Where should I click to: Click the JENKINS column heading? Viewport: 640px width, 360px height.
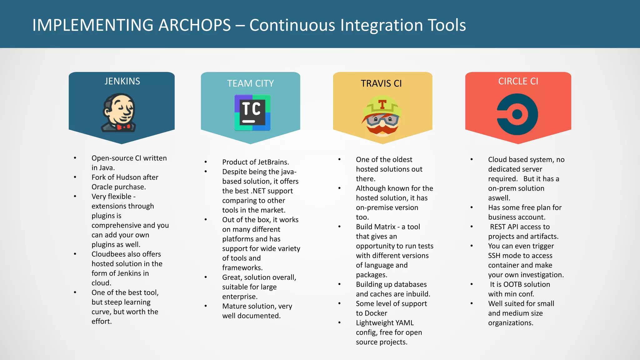[122, 81]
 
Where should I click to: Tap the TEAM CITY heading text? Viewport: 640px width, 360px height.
[250, 83]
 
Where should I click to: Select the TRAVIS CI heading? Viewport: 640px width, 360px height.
[381, 83]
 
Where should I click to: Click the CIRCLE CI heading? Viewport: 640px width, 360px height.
[518, 81]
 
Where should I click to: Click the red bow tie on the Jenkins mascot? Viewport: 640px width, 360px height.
[123, 127]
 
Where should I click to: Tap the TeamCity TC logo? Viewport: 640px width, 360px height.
[252, 112]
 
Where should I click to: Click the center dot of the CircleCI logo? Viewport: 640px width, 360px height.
[517, 114]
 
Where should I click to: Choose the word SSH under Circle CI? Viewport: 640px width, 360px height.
[494, 256]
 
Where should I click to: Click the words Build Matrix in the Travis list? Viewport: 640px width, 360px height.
[376, 227]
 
